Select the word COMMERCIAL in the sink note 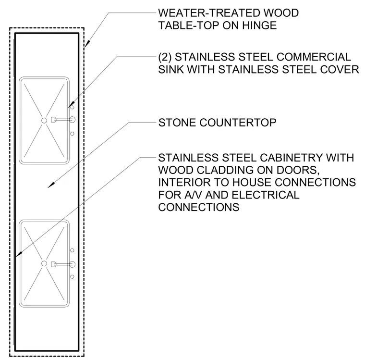[314, 57]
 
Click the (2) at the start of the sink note [165, 57]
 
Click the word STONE [177, 123]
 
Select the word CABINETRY [291, 158]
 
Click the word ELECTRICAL [266, 195]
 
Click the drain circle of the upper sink [44, 121]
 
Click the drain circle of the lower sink [44, 263]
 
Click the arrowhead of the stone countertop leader [51, 185]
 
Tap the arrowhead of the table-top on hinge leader [87, 44]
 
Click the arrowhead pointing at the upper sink [71, 104]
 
